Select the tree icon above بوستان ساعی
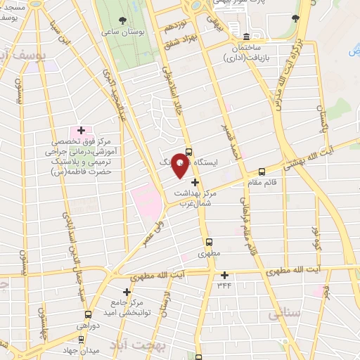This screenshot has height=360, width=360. point(124,19)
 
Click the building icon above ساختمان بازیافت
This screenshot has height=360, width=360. point(245,37)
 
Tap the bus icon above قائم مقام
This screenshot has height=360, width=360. point(262,171)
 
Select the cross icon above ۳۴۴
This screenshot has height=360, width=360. point(225,275)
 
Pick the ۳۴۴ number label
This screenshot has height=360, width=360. point(224,285)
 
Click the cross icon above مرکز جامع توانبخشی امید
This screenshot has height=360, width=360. point(127,291)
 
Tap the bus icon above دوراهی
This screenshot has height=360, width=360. point(88,314)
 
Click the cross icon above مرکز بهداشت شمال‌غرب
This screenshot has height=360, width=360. point(195,182)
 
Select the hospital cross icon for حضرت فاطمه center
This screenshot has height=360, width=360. point(81,130)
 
